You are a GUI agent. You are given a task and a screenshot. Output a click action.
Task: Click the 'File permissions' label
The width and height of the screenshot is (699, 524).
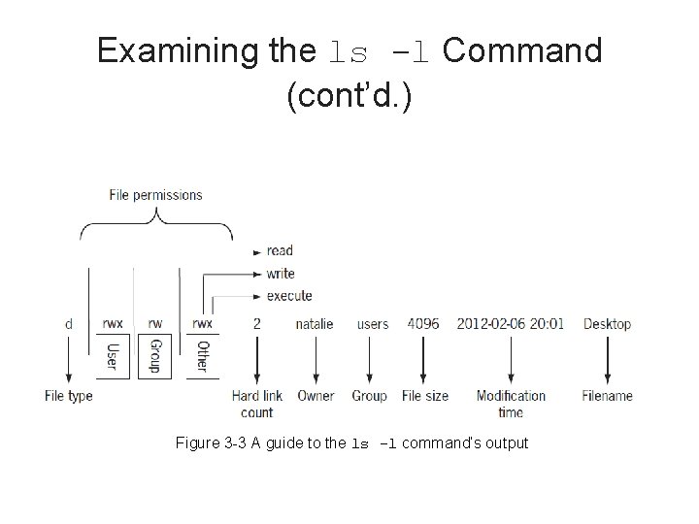click(155, 195)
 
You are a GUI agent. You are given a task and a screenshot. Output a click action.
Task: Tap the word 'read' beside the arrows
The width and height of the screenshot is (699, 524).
click(280, 250)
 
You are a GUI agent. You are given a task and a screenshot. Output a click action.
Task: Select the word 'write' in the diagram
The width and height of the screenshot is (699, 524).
click(281, 274)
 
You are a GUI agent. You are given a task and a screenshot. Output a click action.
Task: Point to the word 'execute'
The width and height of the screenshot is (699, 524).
click(289, 295)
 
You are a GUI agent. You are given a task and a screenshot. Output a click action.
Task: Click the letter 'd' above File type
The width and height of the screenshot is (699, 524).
click(68, 324)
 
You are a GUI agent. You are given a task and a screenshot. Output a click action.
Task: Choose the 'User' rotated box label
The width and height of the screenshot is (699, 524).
click(111, 354)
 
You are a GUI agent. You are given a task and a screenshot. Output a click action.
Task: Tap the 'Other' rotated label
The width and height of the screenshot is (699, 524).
click(202, 355)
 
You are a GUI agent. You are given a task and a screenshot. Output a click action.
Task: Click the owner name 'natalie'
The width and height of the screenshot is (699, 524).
click(314, 324)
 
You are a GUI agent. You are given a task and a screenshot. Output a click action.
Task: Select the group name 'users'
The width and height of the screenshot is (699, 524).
click(373, 324)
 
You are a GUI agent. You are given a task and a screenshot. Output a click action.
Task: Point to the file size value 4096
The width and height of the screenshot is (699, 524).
click(423, 323)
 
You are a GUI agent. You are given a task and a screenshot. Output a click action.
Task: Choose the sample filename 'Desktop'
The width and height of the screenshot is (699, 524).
click(607, 324)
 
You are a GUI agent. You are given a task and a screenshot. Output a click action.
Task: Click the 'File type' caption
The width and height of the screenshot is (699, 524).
click(69, 396)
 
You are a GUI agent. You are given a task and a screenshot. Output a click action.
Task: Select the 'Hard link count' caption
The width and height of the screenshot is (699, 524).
click(257, 404)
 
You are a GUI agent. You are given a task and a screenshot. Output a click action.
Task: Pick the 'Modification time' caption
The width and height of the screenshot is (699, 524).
click(511, 404)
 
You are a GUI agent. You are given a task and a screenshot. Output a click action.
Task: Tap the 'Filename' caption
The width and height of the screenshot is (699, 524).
click(608, 396)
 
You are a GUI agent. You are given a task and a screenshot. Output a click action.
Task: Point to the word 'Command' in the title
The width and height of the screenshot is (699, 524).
click(521, 50)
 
